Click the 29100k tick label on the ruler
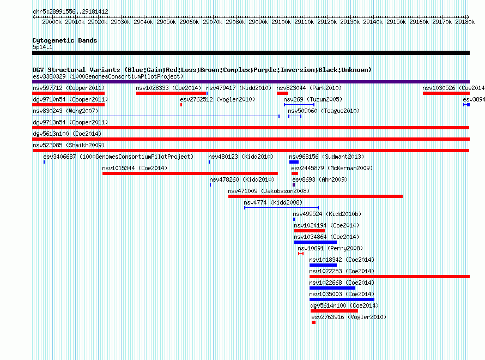(281, 22)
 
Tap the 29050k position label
(166, 22)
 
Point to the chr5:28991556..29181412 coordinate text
(70, 12)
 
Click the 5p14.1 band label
(43, 47)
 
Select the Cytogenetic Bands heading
(65, 40)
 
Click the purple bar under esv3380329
(251, 82)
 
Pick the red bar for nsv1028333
(171, 93)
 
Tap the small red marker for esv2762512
(181, 105)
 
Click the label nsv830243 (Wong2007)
(65, 111)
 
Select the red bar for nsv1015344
(190, 173)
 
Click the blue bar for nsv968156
(294, 162)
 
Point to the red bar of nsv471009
(316, 196)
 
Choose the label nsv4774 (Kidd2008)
(273, 202)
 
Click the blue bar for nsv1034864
(316, 242)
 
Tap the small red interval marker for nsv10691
(301, 254)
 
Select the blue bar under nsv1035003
(342, 299)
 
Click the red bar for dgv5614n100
(335, 311)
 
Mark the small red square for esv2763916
(314, 322)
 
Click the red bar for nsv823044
(282, 93)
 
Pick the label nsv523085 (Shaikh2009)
(69, 145)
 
